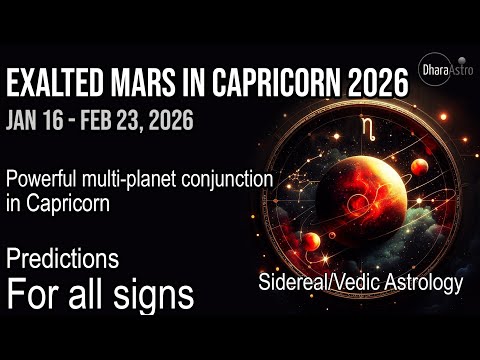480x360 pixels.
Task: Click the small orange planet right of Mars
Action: coord(418,165)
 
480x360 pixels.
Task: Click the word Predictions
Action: coord(62,258)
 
